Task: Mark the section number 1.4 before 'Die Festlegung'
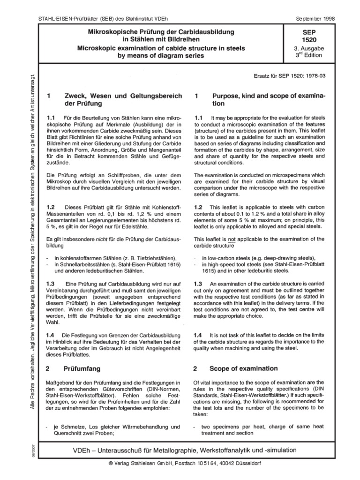(52, 335)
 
